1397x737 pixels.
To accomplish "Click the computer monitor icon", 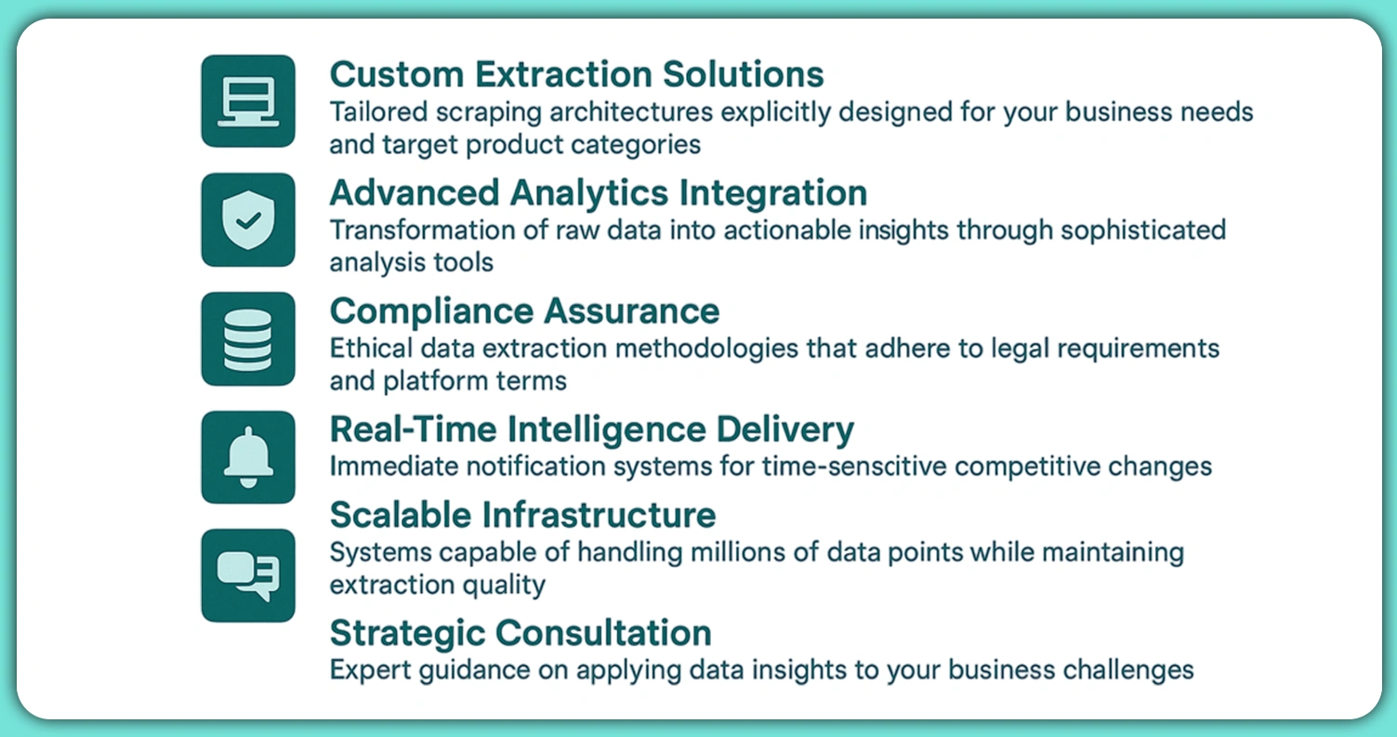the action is point(248,101).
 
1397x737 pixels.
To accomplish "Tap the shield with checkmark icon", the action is point(248,220).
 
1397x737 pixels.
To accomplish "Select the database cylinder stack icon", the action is point(248,339).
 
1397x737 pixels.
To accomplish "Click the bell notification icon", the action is point(248,457).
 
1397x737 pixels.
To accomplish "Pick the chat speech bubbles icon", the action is point(248,575).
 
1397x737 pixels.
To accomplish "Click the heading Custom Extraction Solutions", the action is point(577,75).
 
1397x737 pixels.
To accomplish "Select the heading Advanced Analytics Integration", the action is point(599,192).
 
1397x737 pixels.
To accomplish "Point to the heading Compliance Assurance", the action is point(524,311).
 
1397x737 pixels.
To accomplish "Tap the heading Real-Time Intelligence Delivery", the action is point(592,429).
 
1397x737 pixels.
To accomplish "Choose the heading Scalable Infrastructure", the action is point(522,515).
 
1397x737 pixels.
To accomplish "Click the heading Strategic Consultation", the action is point(521,633).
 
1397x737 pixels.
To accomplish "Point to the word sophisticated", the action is point(1143,230).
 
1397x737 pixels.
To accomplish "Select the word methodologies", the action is point(706,349).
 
